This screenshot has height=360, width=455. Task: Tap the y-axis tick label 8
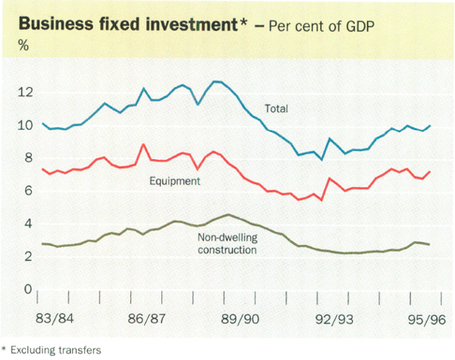click(x=28, y=158)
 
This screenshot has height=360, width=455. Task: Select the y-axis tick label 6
click(x=28, y=191)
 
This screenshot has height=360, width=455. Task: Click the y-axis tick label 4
click(x=28, y=224)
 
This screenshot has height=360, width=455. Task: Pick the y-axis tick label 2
click(x=28, y=257)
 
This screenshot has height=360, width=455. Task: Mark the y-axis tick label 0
click(x=28, y=290)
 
